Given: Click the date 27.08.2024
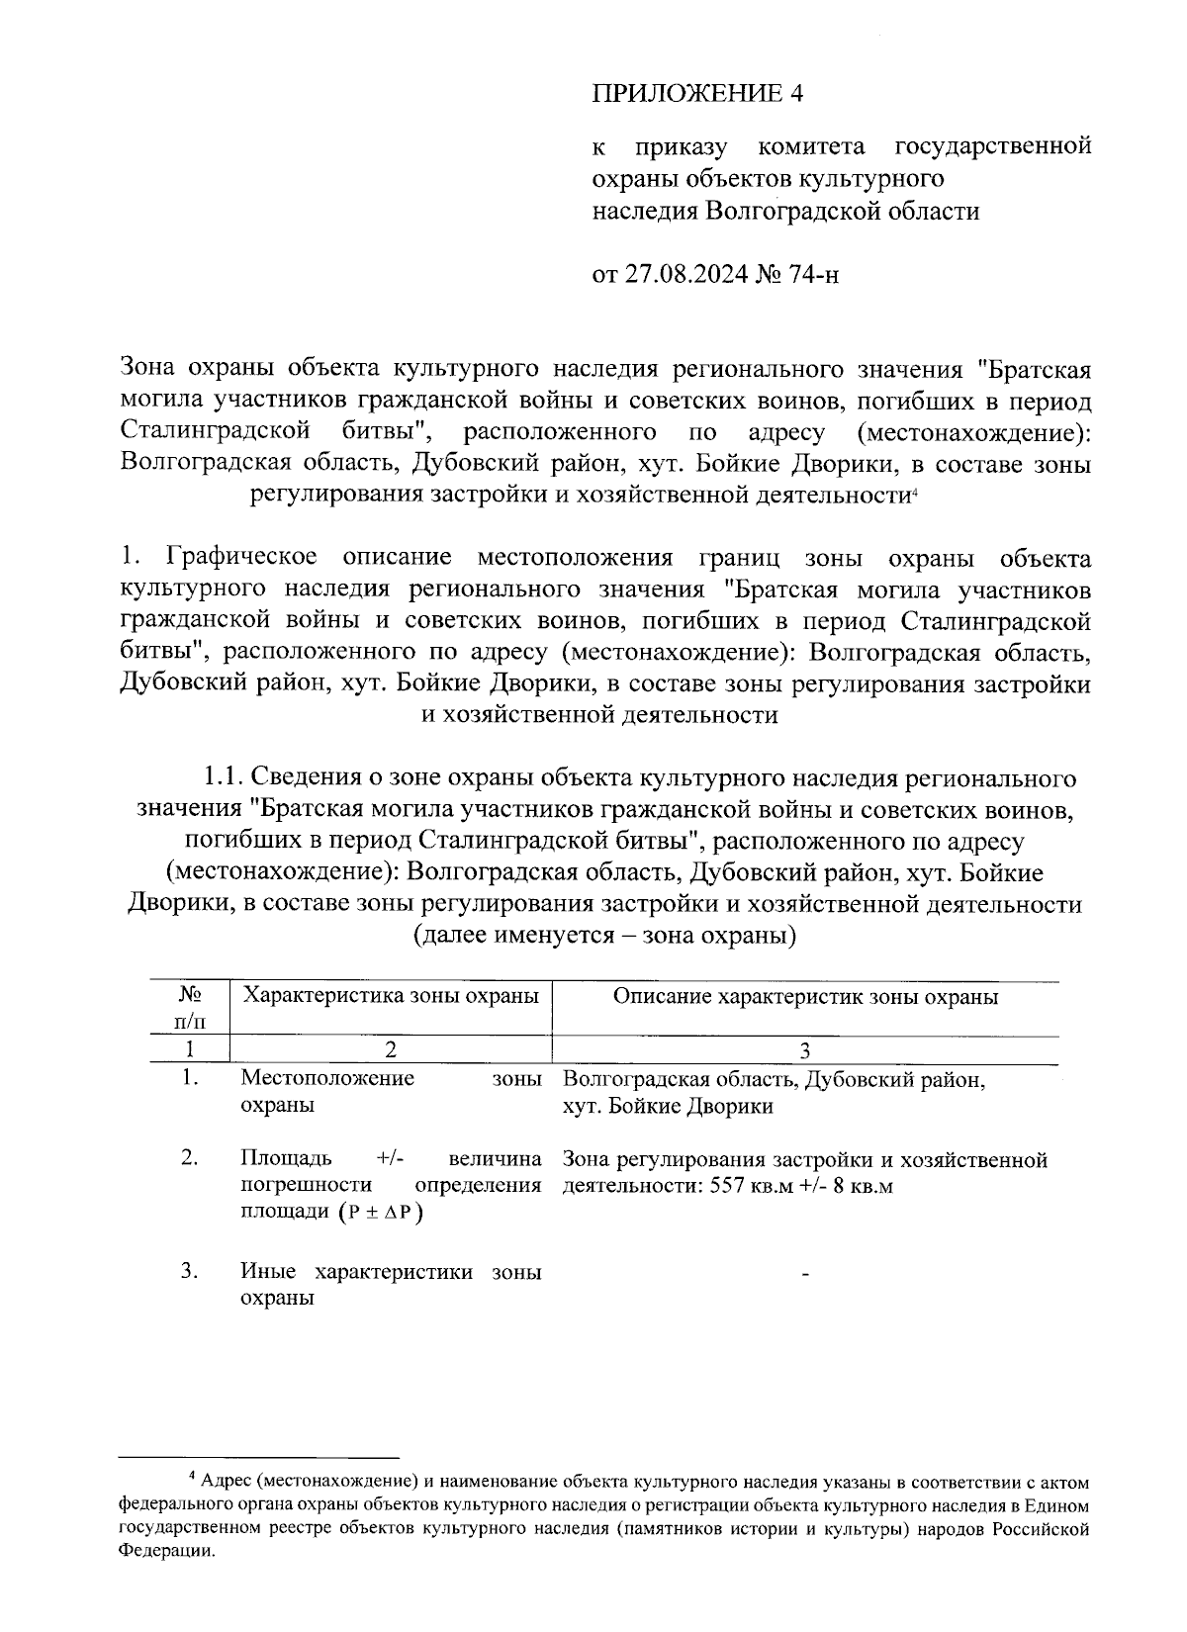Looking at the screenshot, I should [x=685, y=274].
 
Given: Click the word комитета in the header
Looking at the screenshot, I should [x=811, y=147].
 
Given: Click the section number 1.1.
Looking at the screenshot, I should [x=220, y=776].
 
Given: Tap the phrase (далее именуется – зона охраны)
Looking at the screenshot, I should [x=604, y=935].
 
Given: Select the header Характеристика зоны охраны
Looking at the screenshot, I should [x=390, y=996].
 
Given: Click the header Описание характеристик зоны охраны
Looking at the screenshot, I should [x=805, y=996].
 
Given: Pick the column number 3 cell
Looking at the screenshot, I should [x=805, y=1050].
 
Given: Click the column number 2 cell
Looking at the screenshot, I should [x=390, y=1050].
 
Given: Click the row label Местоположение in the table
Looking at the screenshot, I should [x=327, y=1078].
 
